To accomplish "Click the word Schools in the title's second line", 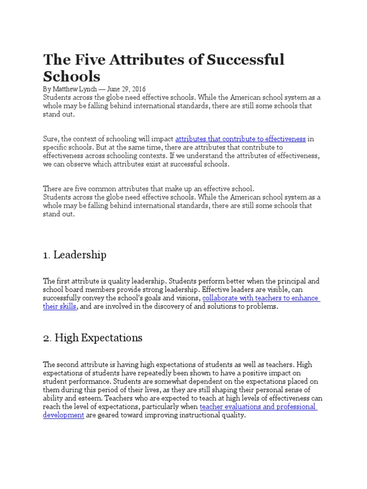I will [x=72, y=76].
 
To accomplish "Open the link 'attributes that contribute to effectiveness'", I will [x=240, y=139].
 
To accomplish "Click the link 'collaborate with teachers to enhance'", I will [x=261, y=298].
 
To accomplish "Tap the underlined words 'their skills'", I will [x=60, y=307].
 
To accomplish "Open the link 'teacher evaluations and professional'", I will [x=258, y=407].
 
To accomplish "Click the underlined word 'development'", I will [x=64, y=415].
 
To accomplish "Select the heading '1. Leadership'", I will [x=75, y=255].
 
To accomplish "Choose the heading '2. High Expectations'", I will [x=93, y=338].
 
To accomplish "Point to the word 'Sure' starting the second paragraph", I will [x=51, y=139].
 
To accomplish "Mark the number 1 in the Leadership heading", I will [x=46, y=255].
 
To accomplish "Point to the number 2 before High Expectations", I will [x=46, y=339].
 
